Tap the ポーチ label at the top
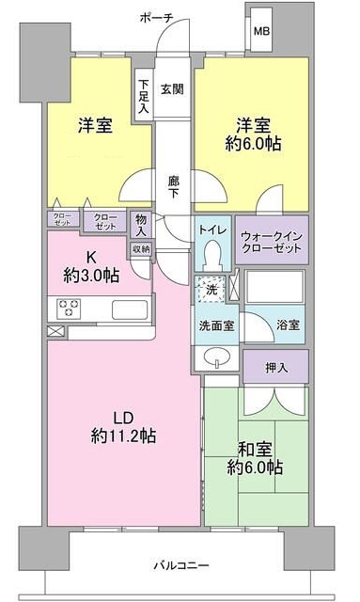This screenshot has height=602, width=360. click(155, 17)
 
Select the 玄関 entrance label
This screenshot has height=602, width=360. click(171, 90)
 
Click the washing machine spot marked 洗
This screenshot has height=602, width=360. click(211, 290)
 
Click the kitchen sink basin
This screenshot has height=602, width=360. click(126, 308)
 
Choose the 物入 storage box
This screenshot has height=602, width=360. click(141, 225)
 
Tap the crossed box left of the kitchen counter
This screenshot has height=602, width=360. click(54, 331)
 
